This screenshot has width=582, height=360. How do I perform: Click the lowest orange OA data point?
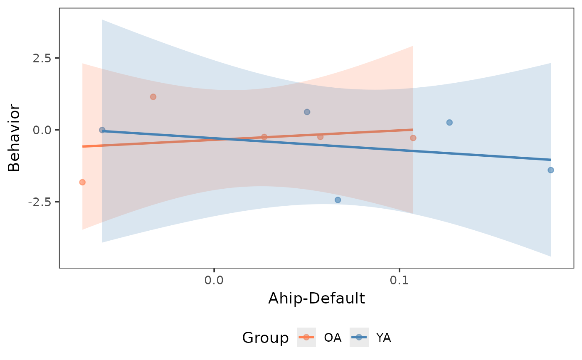click(82, 182)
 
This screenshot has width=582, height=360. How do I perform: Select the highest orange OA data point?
click(153, 97)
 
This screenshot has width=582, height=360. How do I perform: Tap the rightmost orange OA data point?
click(413, 138)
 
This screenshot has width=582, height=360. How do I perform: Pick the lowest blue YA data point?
click(338, 200)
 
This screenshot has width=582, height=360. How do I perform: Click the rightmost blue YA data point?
click(551, 170)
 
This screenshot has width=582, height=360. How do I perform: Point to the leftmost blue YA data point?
click(102, 130)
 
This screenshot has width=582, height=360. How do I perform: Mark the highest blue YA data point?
click(307, 112)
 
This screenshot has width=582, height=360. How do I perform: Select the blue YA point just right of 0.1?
click(449, 123)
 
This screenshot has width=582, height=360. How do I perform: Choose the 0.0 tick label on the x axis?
click(214, 280)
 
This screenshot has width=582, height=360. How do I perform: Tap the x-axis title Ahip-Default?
click(316, 298)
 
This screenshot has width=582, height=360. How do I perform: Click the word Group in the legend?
click(265, 338)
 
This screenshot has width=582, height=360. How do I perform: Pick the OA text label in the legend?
click(333, 338)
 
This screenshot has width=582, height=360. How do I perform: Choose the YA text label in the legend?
click(383, 338)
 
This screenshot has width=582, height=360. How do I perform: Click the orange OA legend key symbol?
click(306, 337)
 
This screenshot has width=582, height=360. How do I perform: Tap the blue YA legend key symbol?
click(359, 337)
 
